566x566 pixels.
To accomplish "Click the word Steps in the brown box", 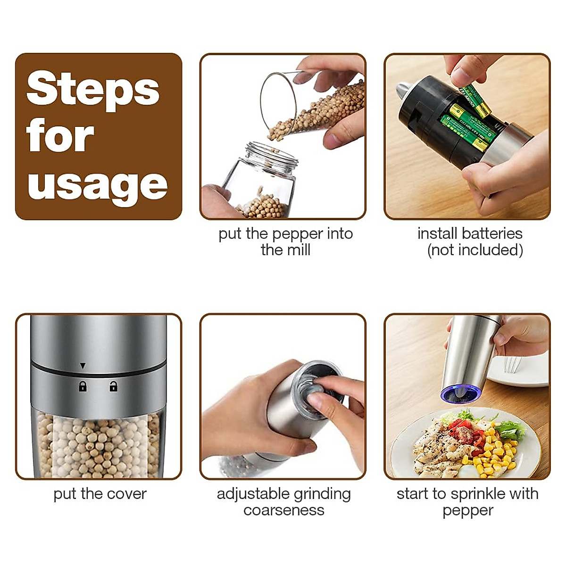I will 93,90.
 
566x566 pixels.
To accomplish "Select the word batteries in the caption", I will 492,233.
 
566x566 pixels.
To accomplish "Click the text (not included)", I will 475,250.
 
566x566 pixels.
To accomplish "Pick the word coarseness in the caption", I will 284,510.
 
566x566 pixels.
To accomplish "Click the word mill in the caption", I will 299,250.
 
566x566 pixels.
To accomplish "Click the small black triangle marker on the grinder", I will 83,366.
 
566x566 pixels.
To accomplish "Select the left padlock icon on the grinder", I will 83,387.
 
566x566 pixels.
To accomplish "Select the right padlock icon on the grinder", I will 113,387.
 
